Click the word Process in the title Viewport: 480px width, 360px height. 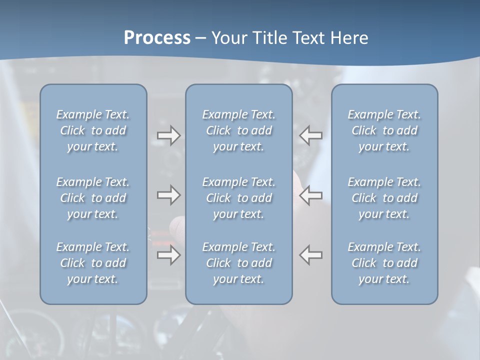click(x=157, y=38)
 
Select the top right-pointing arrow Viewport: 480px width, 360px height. click(x=168, y=135)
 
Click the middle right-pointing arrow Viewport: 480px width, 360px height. click(x=168, y=195)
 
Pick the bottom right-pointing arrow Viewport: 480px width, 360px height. click(x=168, y=255)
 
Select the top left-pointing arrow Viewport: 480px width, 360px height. click(x=311, y=135)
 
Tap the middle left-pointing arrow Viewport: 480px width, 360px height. click(x=311, y=195)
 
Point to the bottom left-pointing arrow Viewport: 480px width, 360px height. click(x=311, y=255)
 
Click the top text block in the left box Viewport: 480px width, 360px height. click(x=93, y=130)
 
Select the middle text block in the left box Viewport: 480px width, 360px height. click(x=93, y=198)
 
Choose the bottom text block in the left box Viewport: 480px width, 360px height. click(x=93, y=263)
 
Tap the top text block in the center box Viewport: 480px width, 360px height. click(x=238, y=130)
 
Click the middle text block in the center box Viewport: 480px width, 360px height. click(x=238, y=198)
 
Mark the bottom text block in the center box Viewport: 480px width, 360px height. click(x=238, y=263)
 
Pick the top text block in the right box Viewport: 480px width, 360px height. click(x=384, y=130)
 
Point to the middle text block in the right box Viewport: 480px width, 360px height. click(x=384, y=198)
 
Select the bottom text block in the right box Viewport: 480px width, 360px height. click(x=384, y=263)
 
